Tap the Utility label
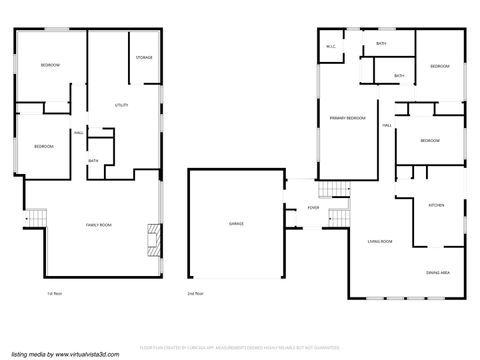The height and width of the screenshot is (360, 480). [121, 105]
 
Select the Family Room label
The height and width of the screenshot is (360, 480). [98, 226]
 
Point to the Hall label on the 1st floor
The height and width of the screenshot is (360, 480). [78, 133]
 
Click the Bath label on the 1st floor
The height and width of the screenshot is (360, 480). [93, 161]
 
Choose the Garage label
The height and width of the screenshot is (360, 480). [236, 224]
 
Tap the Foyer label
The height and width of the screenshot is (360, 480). [313, 208]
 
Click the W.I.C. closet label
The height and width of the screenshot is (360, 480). [331, 47]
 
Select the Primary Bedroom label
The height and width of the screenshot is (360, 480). [346, 119]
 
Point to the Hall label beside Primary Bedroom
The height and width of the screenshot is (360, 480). [387, 125]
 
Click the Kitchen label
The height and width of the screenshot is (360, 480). [436, 206]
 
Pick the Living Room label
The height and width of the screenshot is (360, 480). [379, 242]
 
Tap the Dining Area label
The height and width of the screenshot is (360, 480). [437, 273]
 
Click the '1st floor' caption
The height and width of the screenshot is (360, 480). [55, 294]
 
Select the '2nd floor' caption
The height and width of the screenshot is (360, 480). [195, 294]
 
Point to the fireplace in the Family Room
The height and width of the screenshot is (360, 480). [153, 236]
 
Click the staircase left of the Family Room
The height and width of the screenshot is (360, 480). [37, 216]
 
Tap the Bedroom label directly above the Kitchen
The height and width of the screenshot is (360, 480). [430, 141]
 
